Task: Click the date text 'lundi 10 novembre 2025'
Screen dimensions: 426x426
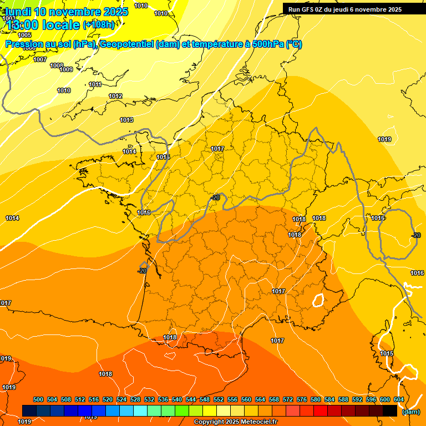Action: click(x=67, y=12)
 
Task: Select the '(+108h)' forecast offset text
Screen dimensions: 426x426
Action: click(x=98, y=24)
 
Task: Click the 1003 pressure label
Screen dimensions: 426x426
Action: click(x=9, y=18)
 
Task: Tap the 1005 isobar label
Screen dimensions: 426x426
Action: click(x=24, y=35)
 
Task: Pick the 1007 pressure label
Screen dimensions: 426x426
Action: click(x=40, y=59)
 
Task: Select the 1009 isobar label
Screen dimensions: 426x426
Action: click(x=66, y=69)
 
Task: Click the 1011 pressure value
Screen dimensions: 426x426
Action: click(x=95, y=84)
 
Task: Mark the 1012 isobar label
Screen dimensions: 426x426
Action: click(x=115, y=96)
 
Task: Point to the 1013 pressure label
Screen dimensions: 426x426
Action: click(x=126, y=120)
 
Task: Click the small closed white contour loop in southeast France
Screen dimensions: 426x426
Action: click(x=318, y=300)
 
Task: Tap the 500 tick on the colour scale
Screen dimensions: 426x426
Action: click(x=38, y=399)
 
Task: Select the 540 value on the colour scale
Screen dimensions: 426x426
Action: click(x=177, y=399)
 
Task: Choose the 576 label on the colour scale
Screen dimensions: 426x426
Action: click(x=302, y=399)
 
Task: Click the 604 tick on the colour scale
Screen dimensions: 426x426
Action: click(x=398, y=399)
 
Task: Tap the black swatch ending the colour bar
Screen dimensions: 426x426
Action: click(x=390, y=410)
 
